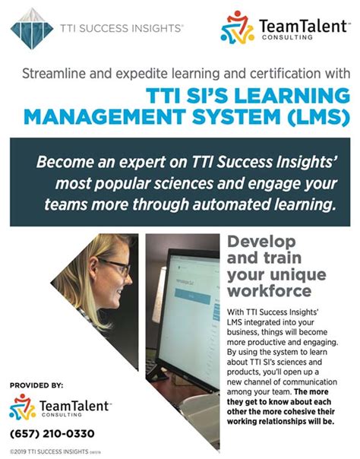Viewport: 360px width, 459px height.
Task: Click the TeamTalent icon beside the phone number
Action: click(22, 408)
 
